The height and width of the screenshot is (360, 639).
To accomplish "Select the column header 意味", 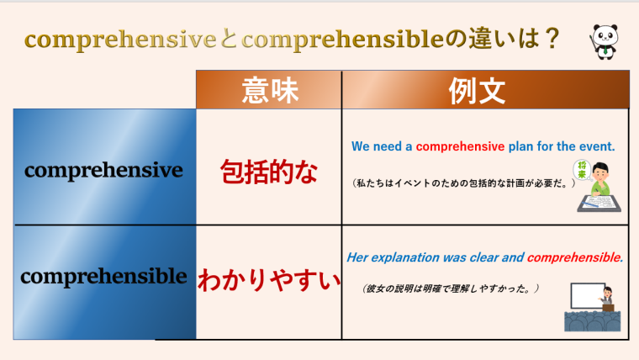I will coord(269,90).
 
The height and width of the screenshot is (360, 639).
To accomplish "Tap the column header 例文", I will coord(485,90).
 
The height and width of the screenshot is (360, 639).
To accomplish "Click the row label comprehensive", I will coord(104,170).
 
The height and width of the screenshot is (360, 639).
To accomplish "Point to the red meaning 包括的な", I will coord(269,172).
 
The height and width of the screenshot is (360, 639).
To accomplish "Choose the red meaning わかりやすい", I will coord(269,278).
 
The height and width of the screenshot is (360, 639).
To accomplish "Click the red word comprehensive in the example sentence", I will coord(460,146).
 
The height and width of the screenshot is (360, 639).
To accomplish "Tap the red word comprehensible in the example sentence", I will coord(573,257).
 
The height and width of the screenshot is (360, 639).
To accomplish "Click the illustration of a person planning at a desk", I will coord(598,186).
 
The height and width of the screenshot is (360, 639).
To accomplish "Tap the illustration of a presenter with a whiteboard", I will coord(592,305).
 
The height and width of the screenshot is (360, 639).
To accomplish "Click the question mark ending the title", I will coord(552,39).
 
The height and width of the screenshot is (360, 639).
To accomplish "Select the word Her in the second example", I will coord(356,257).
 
